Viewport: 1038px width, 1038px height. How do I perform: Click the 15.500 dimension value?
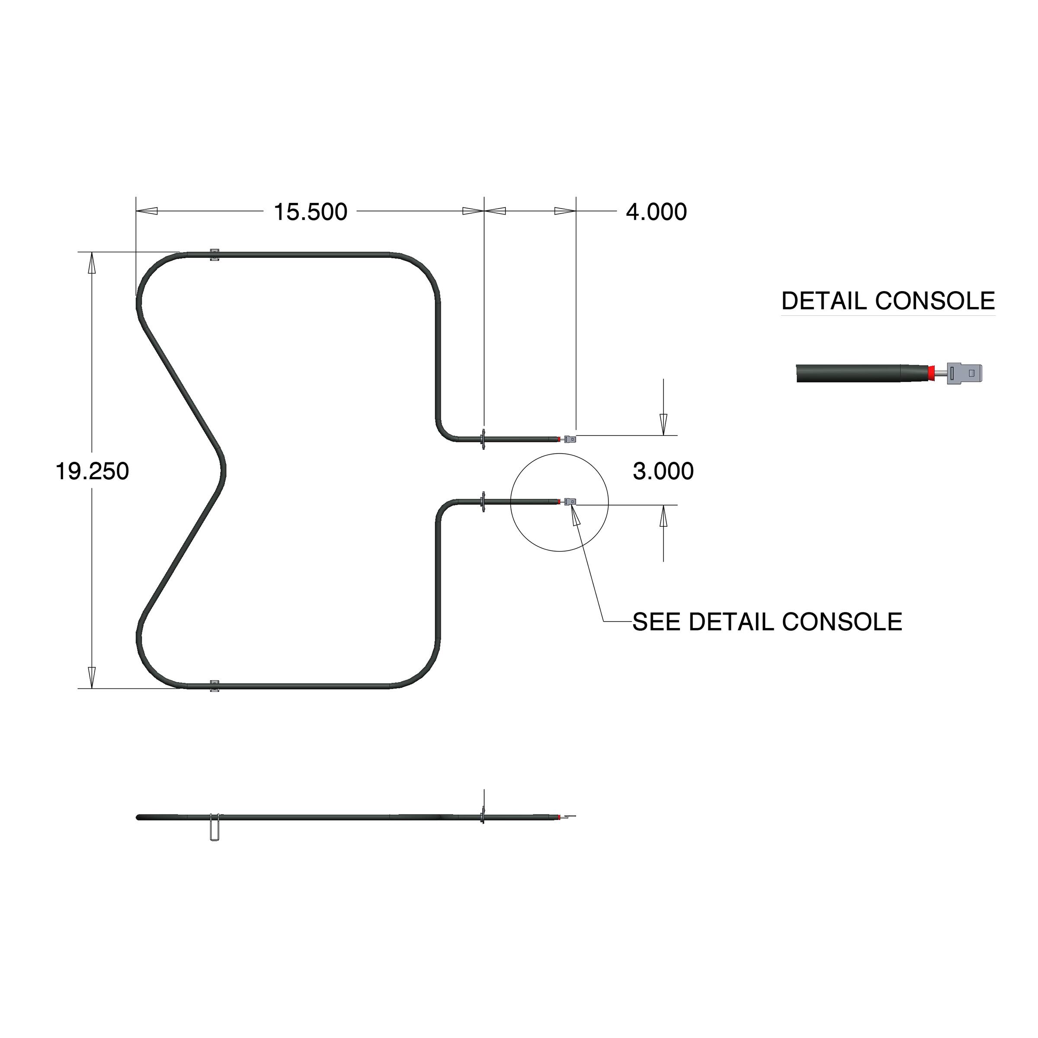311,212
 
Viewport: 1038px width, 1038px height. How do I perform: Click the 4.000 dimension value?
656,212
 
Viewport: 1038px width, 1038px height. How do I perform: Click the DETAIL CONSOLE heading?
887,301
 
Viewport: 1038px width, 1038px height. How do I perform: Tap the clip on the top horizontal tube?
215,255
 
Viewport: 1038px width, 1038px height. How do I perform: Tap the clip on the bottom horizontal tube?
215,686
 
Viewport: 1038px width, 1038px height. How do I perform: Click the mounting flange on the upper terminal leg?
484,439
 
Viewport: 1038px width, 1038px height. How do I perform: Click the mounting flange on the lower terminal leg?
484,501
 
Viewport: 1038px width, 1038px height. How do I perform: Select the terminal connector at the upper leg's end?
570,439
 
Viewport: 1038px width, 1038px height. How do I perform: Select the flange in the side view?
483,818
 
